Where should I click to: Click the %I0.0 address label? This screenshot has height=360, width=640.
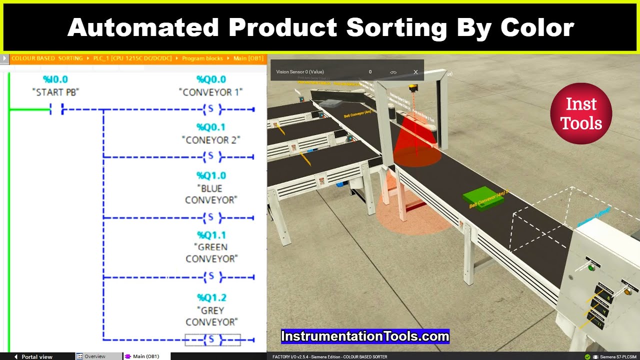(x=55, y=79)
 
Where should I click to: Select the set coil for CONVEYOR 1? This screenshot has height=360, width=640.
(x=211, y=109)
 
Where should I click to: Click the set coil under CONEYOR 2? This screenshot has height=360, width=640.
(x=211, y=157)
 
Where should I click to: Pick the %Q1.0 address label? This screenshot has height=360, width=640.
(x=211, y=175)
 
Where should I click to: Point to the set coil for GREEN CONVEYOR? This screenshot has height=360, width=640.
(x=211, y=276)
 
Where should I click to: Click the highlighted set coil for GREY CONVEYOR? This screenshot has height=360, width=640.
(x=212, y=340)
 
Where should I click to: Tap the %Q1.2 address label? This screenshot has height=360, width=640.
(x=211, y=297)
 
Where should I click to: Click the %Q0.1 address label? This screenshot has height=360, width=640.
(x=211, y=127)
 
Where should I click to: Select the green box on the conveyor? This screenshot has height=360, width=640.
(x=482, y=199)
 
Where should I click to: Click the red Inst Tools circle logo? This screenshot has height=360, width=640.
(x=581, y=113)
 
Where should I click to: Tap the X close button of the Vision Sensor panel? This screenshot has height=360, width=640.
(x=415, y=72)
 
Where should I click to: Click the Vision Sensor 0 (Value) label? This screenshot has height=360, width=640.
(x=300, y=72)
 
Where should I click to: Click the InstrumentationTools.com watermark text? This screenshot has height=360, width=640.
(x=365, y=336)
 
